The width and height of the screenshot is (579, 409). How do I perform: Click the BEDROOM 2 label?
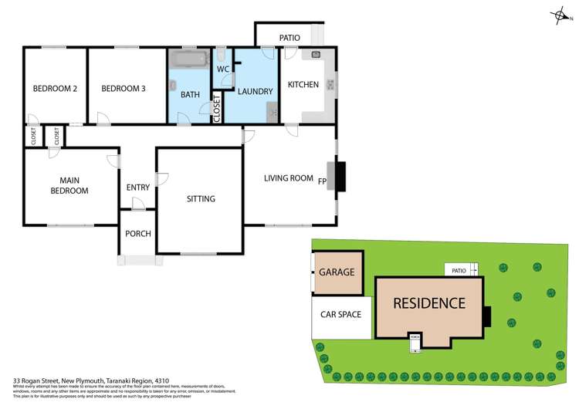(x=55, y=89)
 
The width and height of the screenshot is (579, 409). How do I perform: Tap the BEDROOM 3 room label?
(x=124, y=89)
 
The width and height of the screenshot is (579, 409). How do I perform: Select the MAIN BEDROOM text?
(x=69, y=185)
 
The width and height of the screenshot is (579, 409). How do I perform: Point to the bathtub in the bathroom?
(x=188, y=59)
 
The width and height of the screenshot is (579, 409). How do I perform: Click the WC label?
(x=223, y=69)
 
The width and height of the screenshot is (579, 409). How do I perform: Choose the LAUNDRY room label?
(x=256, y=92)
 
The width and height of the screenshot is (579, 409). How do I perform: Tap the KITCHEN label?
(x=303, y=85)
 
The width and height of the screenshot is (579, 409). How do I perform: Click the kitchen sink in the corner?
(x=316, y=55)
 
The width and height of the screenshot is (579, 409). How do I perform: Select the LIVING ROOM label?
(x=289, y=178)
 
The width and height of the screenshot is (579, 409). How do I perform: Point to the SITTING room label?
(x=201, y=199)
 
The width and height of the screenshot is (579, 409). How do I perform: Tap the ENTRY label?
(x=137, y=188)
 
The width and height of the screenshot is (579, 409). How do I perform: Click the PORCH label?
(x=137, y=234)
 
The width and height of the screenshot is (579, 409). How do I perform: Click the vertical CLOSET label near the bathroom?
(x=216, y=108)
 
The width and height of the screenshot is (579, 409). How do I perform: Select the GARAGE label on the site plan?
(x=337, y=272)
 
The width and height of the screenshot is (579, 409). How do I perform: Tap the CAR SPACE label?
(x=341, y=315)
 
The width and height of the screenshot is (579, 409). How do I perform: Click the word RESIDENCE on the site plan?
(x=429, y=303)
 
